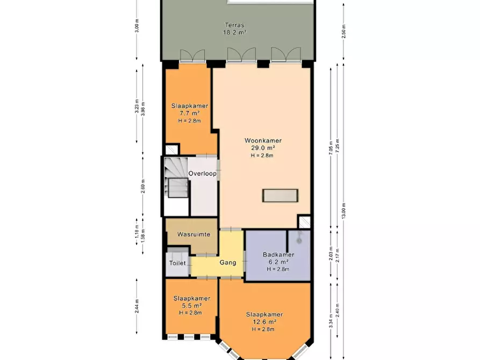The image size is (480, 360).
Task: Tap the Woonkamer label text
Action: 263,141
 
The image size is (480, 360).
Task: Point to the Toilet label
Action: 177,263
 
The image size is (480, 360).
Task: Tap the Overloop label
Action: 202,174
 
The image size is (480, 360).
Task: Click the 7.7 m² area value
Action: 189,113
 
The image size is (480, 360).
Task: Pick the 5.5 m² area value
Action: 191,306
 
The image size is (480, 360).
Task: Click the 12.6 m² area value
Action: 264,322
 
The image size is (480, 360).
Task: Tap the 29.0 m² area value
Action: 263,148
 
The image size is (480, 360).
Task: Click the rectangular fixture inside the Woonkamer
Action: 280,195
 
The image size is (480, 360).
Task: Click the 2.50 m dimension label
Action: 344,32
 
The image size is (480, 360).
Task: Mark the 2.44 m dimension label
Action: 137,306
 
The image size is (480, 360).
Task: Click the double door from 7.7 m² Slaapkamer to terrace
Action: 192,55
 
